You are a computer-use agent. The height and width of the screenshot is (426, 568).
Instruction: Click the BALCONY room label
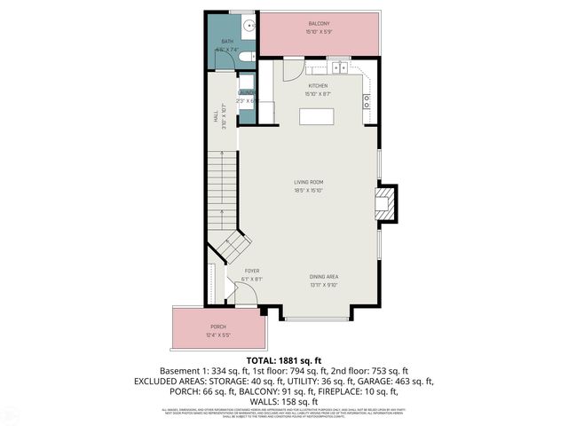319,22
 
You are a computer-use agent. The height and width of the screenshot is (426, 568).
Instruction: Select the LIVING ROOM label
308,183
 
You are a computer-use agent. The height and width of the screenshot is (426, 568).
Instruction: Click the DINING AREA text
324,276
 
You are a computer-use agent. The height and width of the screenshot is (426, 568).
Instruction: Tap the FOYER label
252,270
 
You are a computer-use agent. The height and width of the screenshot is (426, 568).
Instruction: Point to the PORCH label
218,327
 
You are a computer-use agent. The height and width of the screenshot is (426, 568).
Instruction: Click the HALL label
216,115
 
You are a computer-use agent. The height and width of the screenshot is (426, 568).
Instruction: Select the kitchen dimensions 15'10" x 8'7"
318,93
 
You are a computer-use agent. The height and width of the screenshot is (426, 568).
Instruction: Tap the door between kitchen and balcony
294,71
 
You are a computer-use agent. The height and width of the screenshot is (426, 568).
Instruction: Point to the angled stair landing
235,246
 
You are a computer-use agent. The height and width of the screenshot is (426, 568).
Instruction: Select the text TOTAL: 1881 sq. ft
283,359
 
